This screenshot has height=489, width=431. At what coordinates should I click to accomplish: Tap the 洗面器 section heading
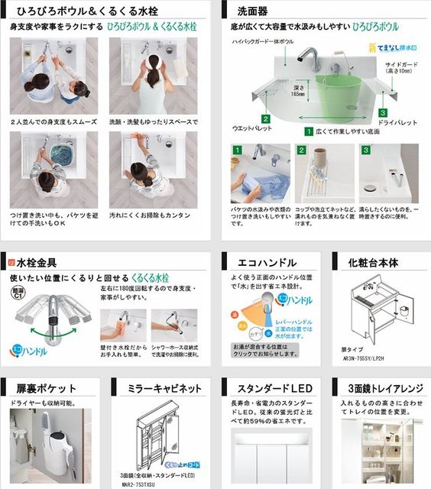pyautogui.click(x=253, y=11)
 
